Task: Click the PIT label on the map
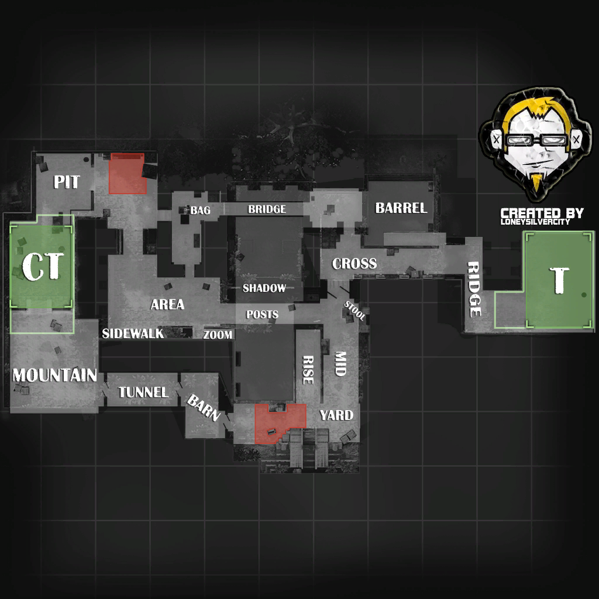click(67, 182)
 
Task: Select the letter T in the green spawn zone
click(560, 280)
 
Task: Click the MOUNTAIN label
click(54, 375)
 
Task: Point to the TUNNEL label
click(143, 392)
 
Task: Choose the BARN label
click(204, 408)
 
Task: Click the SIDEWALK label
click(133, 334)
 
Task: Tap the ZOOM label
click(218, 335)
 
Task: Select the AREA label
click(167, 304)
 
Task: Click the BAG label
click(200, 210)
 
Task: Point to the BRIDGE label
click(267, 209)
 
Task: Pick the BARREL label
click(401, 208)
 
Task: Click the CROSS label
click(354, 264)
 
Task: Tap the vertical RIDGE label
click(474, 289)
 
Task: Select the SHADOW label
click(264, 288)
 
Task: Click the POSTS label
click(262, 315)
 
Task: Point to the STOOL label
click(354, 311)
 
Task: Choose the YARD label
click(336, 415)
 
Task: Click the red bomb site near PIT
click(127, 174)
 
